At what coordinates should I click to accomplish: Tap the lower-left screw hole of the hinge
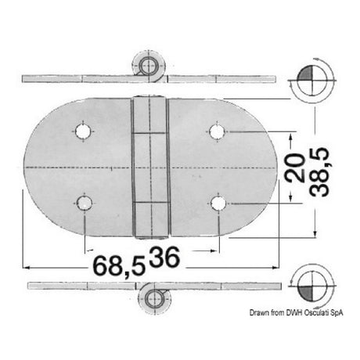(85, 205)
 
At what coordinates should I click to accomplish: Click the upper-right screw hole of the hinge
(217, 128)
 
